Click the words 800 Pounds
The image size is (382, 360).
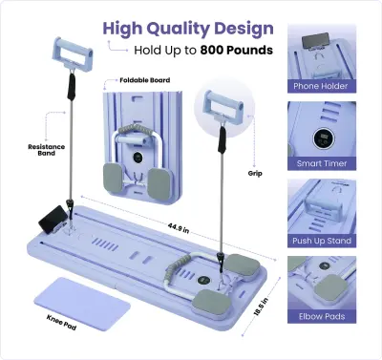[x=237, y=50]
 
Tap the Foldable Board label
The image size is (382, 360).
[x=145, y=80]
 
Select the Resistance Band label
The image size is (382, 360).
[x=47, y=150]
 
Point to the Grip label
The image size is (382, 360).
[x=255, y=174]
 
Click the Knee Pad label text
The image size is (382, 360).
[x=61, y=322]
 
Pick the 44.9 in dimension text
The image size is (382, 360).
[x=179, y=228]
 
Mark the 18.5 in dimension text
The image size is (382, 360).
[x=262, y=306]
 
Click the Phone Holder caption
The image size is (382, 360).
[x=321, y=86]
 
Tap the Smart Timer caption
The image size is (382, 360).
[x=322, y=163]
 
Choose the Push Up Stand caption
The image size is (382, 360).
[x=322, y=241]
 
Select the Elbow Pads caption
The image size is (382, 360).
[x=322, y=316]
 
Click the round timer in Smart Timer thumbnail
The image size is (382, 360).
[x=323, y=138]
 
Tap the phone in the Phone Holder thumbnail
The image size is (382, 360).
[x=315, y=41]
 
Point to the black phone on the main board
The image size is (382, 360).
[x=53, y=219]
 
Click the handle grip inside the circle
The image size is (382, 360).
[x=224, y=108]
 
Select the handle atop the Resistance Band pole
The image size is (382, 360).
[x=73, y=53]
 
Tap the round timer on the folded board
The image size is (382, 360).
[x=138, y=157]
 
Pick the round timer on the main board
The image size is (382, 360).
[x=203, y=281]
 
